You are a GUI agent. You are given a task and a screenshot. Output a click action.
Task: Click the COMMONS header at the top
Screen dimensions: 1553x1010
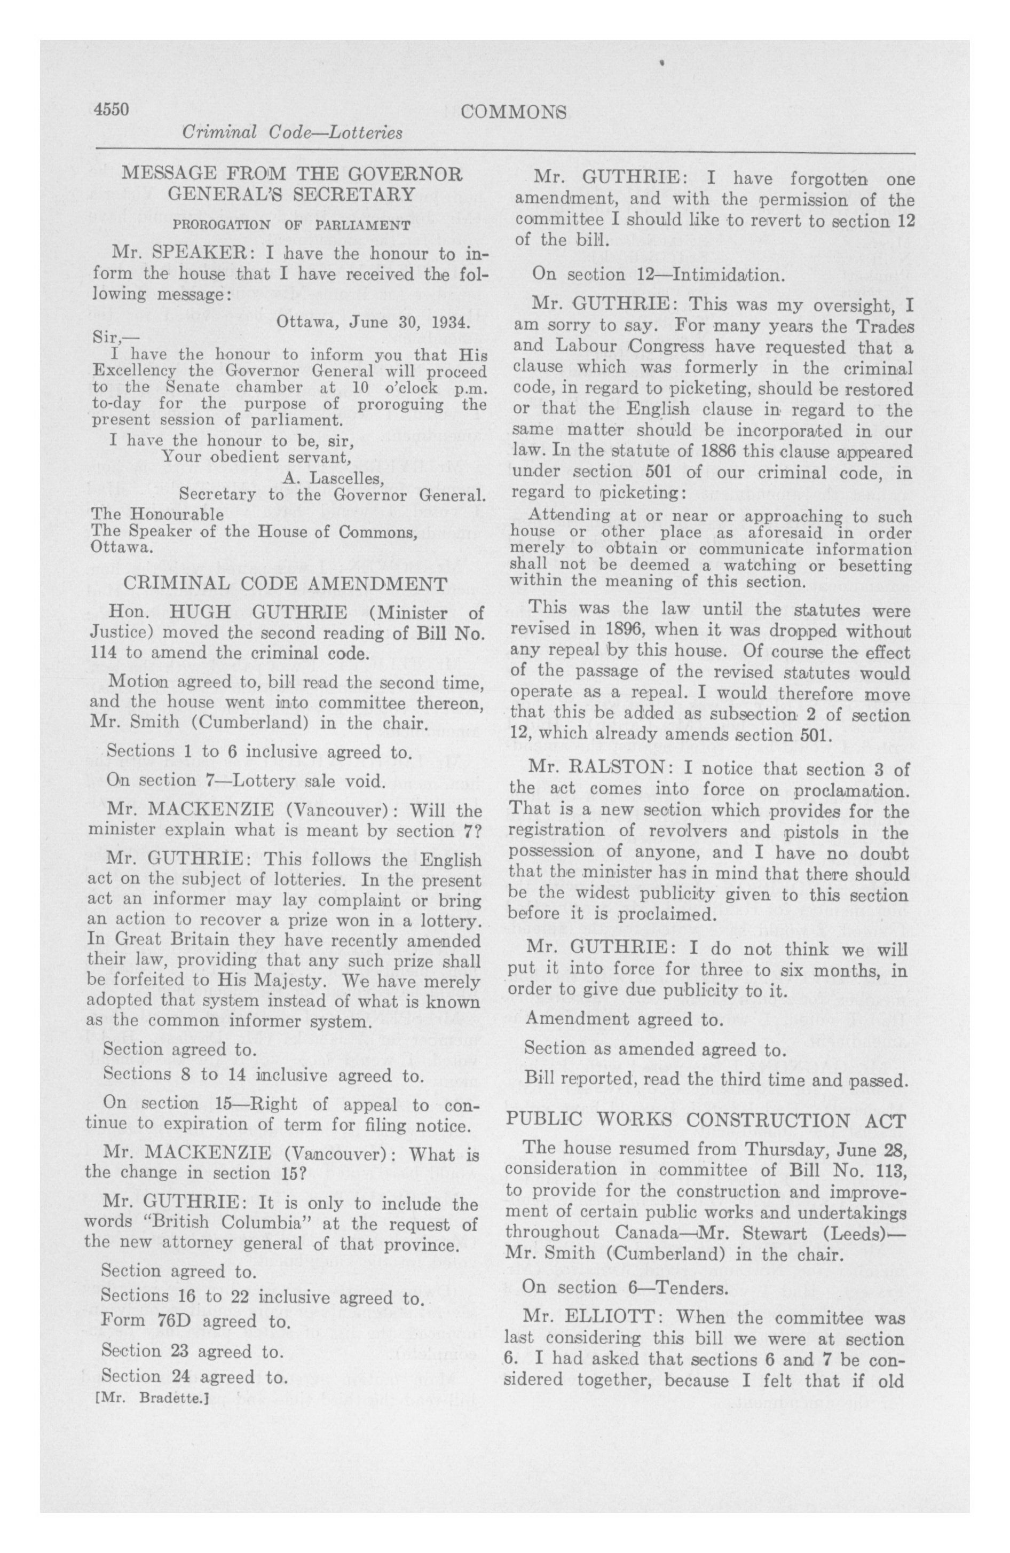pos(513,112)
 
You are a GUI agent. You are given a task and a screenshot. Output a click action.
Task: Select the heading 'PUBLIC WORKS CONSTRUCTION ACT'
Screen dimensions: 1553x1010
pos(706,1120)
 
